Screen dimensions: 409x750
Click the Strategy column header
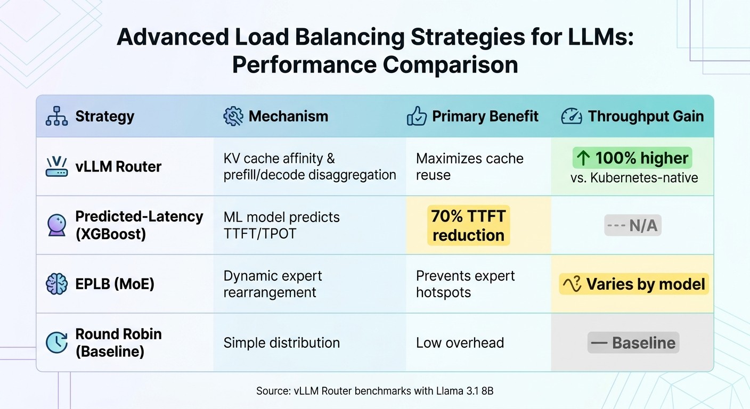pos(104,117)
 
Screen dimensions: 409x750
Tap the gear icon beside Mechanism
pos(233,117)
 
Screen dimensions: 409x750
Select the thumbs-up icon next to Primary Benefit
pos(417,117)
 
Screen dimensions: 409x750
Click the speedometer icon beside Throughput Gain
pos(572,117)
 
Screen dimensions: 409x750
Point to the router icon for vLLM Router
pos(56,167)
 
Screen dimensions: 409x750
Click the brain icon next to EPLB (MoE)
pos(56,284)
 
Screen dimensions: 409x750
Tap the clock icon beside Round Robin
pos(56,343)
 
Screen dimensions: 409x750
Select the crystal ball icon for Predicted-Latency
pos(56,225)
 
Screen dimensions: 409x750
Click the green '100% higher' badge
pos(632,158)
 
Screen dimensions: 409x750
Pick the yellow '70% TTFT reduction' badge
pos(468,226)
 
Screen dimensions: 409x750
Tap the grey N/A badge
pos(632,226)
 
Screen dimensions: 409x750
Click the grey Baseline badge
pos(633,343)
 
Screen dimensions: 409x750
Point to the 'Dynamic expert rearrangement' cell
pos(273,284)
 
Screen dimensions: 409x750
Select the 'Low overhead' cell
pos(460,343)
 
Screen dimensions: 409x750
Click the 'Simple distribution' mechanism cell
pos(281,343)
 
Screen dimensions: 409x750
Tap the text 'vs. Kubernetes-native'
pos(634,178)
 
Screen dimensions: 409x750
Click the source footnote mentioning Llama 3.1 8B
pos(374,391)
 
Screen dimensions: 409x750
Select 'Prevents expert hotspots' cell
pos(465,284)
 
